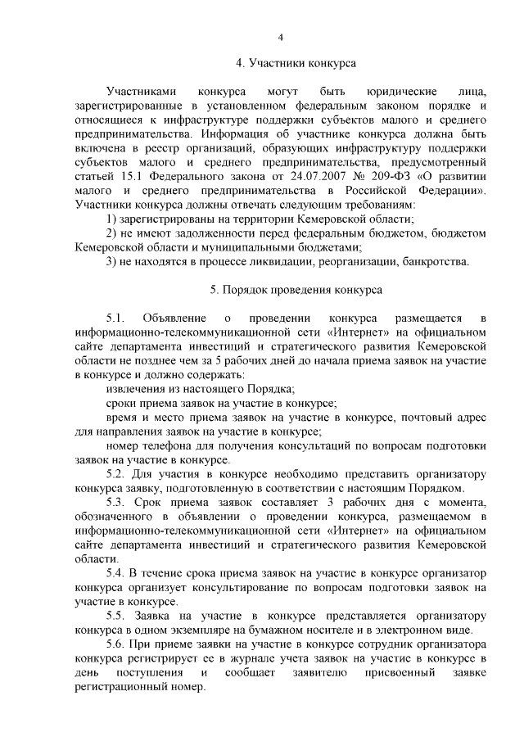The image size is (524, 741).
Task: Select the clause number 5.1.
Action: click(x=115, y=317)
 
